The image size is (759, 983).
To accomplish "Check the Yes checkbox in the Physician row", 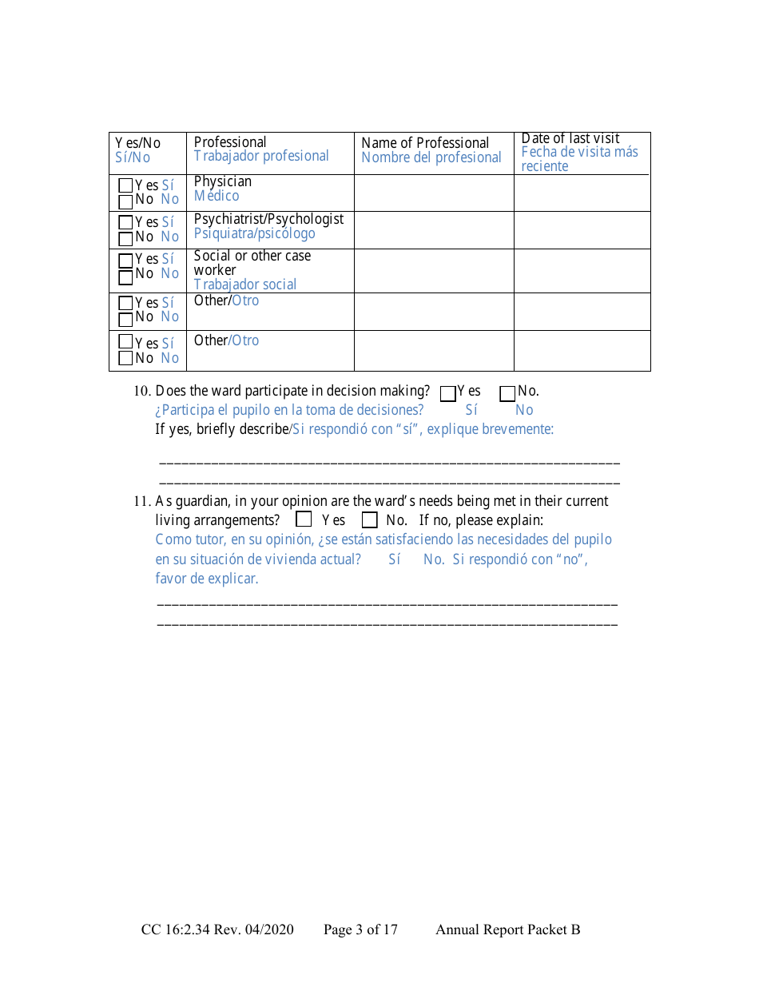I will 125,185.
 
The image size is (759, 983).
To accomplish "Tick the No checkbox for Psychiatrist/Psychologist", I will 125,237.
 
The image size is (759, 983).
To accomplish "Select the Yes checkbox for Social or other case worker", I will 125,260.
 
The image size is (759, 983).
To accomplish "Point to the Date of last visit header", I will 570,139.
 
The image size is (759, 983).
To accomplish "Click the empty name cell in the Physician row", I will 434,193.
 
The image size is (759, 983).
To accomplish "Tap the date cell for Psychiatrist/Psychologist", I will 582,230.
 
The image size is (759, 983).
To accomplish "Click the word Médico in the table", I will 217,196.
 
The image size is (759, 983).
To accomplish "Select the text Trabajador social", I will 244,285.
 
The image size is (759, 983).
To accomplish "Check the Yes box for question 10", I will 448,393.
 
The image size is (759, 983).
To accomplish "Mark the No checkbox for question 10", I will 507,393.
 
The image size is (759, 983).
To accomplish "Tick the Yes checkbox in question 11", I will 304,519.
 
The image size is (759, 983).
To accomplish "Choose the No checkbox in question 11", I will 369,519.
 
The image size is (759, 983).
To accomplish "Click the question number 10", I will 141,392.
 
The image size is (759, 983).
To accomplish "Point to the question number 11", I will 141,502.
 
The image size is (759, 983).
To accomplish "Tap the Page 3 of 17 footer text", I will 360,929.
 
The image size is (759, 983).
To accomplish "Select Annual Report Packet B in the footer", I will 507,929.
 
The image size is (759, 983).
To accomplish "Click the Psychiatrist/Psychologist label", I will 268,219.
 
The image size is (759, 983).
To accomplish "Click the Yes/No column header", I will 137,143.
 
